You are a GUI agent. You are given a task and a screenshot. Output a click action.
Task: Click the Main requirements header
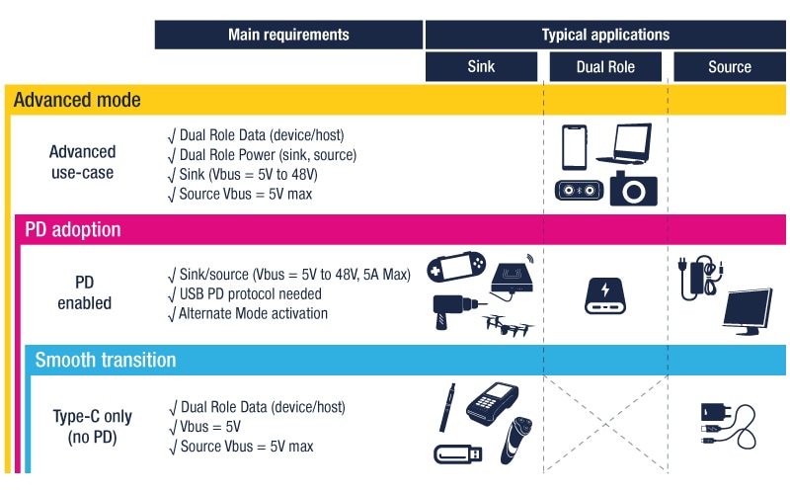288,35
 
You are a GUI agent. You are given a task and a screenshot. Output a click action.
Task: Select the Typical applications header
604,35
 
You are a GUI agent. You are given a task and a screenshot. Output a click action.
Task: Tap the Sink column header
482,67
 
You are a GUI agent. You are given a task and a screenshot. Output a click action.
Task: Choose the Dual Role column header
605,67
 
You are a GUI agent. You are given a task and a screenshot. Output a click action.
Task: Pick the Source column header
730,67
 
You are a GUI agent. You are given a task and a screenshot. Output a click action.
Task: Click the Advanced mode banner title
78,101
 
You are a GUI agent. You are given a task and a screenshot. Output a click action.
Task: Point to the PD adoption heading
73,229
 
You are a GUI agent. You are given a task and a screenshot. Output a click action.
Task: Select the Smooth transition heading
106,360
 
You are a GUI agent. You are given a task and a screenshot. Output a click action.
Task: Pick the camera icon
633,188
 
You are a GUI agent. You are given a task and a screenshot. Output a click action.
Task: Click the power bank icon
605,294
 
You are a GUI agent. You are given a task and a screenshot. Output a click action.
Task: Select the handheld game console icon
456,269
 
